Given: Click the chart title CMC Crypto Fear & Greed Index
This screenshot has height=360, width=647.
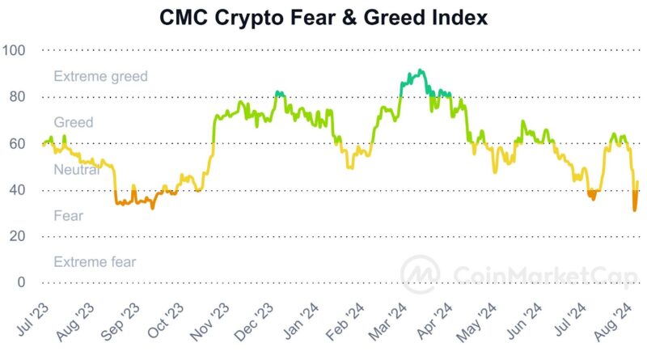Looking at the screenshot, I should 323,17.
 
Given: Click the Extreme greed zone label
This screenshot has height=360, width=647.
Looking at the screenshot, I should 100,77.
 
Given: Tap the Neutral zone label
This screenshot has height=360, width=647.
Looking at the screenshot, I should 76,170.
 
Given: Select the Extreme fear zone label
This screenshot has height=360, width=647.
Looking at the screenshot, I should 95,262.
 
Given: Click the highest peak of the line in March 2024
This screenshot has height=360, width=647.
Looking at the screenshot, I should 421,70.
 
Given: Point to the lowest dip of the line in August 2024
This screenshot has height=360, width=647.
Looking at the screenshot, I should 635,210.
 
